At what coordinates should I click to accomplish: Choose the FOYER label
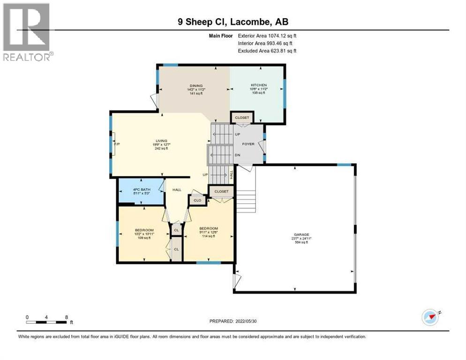pyautogui.click(x=248, y=144)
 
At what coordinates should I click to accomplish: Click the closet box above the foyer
pyautogui.click(x=242, y=118)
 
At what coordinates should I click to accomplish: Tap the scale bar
pyautogui.click(x=46, y=322)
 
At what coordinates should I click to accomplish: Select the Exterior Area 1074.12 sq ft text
pyautogui.click(x=267, y=35)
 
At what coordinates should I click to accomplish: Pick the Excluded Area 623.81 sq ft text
pyautogui.click(x=267, y=51)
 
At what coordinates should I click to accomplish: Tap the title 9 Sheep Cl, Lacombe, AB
pyautogui.click(x=233, y=22)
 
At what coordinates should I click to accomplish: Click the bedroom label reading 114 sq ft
pyautogui.click(x=208, y=232)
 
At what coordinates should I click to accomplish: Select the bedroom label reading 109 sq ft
pyautogui.click(x=144, y=233)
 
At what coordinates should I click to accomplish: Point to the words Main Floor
pyautogui.click(x=221, y=35)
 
